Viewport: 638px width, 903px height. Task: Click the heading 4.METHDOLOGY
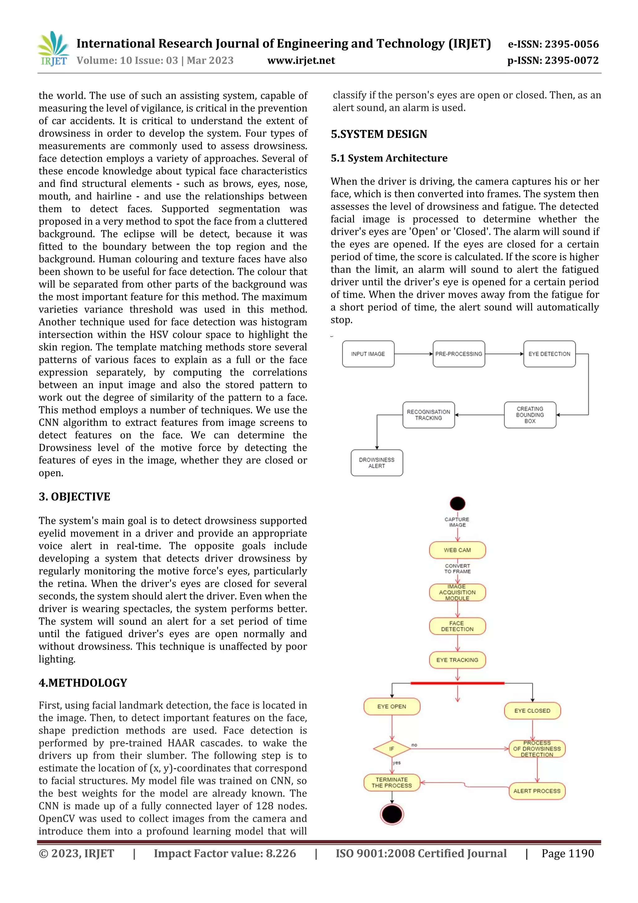point(83,683)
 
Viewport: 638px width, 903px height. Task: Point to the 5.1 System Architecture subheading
point(389,158)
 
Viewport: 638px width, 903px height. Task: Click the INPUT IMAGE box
point(368,354)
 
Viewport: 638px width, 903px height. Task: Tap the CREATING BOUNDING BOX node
point(530,415)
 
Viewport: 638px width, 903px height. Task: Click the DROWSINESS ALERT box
point(377,463)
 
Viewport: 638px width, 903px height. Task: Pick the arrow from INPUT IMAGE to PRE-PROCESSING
point(413,354)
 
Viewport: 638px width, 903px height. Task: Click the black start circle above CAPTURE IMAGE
point(458,503)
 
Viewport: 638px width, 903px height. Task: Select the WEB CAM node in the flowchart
point(457,550)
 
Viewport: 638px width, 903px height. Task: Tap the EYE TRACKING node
point(457,660)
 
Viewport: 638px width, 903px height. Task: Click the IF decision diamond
point(392,749)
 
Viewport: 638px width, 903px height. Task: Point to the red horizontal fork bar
point(457,683)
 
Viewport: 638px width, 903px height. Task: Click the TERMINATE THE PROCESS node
point(392,782)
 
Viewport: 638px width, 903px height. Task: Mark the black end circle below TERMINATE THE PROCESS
point(392,814)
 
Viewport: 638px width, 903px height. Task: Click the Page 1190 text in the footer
point(567,853)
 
